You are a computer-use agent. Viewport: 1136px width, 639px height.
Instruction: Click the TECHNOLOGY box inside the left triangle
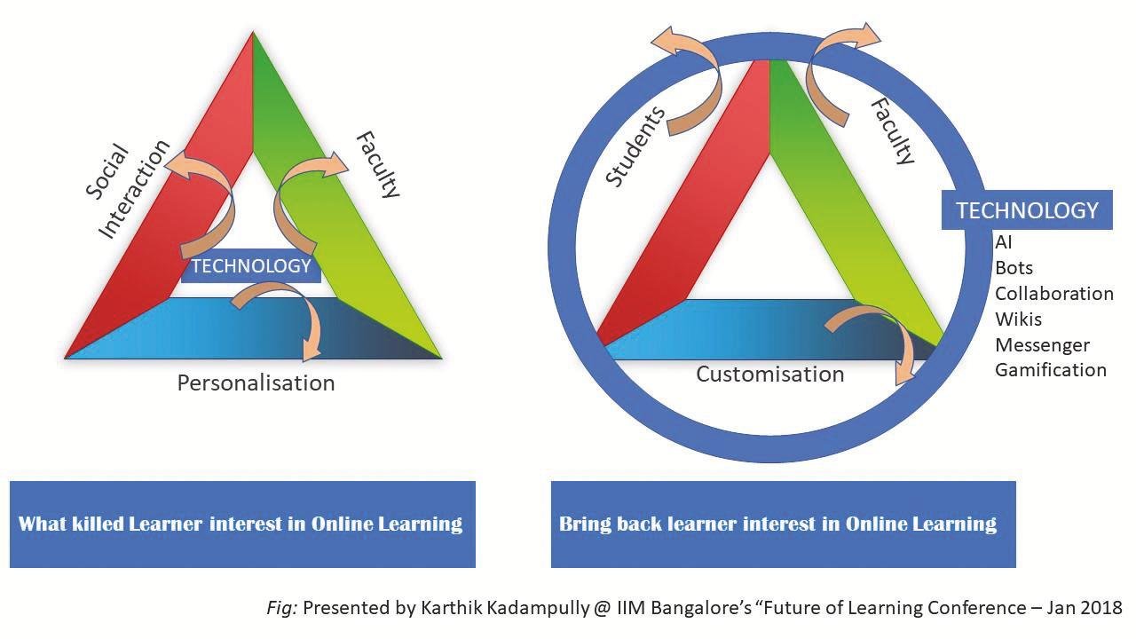[251, 266]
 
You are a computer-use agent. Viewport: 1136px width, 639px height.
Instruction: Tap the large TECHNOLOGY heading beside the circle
[1027, 210]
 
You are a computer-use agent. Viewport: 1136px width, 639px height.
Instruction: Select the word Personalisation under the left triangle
[256, 383]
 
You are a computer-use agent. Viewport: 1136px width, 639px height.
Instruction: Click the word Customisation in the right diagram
[769, 374]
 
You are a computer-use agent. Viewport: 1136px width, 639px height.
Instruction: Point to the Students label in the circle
[635, 146]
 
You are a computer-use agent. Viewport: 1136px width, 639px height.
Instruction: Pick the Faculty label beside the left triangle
[378, 164]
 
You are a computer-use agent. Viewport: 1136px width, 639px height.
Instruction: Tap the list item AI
[1004, 242]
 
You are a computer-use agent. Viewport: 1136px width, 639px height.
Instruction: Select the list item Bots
[1014, 268]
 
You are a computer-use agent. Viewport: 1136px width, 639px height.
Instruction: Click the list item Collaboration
[1053, 294]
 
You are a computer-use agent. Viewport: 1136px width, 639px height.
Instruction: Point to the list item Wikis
[1018, 319]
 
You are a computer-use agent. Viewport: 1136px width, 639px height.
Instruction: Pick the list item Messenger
[1042, 345]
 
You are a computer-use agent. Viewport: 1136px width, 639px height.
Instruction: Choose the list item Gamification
[1050, 370]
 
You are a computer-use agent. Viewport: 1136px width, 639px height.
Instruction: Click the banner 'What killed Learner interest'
[241, 524]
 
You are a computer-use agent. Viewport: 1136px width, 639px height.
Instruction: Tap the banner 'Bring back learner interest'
[778, 524]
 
